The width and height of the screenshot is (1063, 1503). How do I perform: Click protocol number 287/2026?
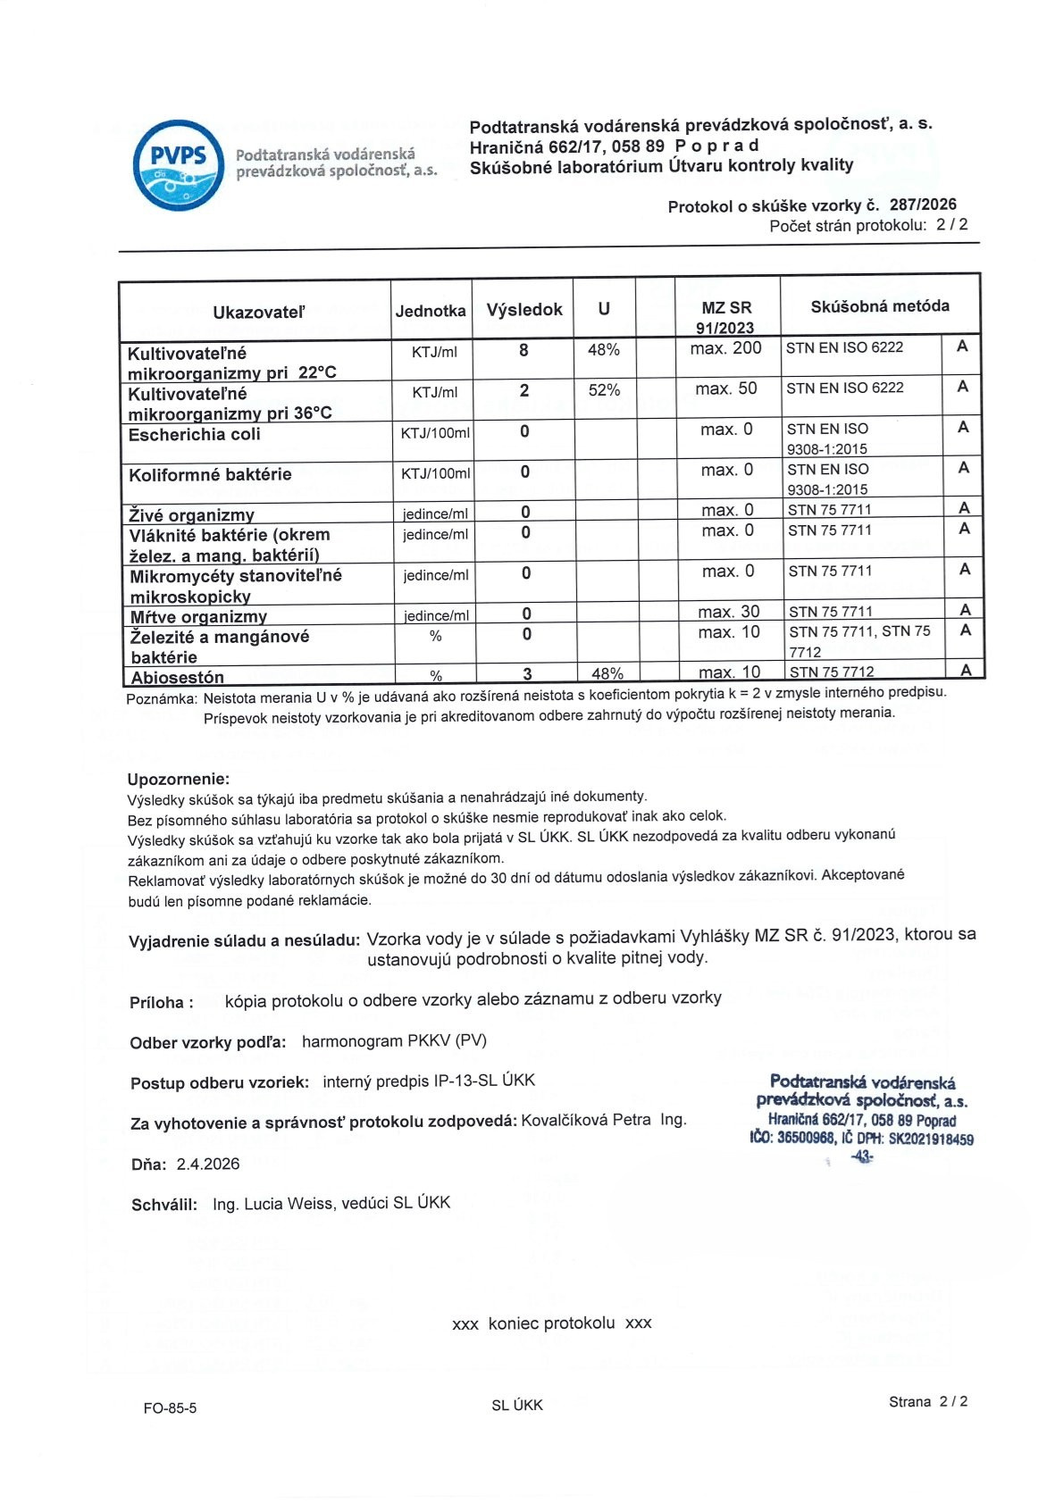point(923,205)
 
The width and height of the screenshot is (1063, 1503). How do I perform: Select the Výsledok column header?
point(524,310)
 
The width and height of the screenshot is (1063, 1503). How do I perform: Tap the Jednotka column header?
point(431,311)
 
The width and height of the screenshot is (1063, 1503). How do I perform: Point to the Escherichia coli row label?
point(195,435)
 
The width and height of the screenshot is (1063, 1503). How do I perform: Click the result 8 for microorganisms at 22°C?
point(523,350)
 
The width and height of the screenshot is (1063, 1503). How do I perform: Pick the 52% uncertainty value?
point(604,390)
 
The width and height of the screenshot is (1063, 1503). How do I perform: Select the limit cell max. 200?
point(726,348)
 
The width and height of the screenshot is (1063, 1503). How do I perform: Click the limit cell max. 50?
point(726,388)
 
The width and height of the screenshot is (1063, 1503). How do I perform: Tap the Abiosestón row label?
point(178,677)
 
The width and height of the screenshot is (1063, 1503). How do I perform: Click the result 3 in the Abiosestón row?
point(527,674)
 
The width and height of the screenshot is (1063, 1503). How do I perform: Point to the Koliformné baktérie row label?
point(210,474)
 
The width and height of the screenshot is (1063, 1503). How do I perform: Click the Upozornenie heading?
point(179,779)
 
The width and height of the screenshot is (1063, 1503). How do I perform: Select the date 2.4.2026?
point(208,1164)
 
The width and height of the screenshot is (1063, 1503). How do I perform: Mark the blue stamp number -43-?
point(862,1156)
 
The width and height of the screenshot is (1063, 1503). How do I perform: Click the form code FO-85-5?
point(170,1408)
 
